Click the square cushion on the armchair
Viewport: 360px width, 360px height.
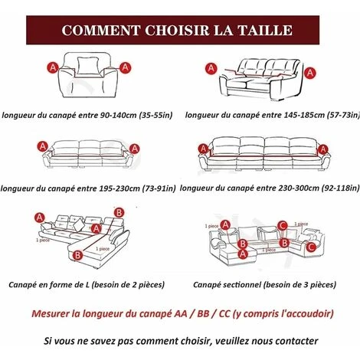tap(88, 65)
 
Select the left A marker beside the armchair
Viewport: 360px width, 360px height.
tap(53, 68)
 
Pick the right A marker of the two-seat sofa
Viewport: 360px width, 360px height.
tap(309, 73)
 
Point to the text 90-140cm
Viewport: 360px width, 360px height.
tap(119, 115)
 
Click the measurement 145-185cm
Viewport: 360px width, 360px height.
tap(304, 115)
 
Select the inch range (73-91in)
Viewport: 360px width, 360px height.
tap(159, 188)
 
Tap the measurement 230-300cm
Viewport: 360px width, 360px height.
tap(299, 188)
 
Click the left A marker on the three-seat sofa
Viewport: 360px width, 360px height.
tap(43, 146)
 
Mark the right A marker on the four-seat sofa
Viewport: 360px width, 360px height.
tap(323, 149)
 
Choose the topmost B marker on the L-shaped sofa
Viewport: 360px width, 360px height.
tap(119, 212)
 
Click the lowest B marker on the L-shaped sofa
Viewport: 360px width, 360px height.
tap(77, 255)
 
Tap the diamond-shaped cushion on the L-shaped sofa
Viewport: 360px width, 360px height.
tap(79, 224)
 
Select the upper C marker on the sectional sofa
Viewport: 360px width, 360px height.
tap(283, 226)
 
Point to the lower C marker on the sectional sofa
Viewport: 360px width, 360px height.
tap(311, 247)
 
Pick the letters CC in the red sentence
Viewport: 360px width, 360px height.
tap(224, 313)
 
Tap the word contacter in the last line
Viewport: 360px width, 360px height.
tap(296, 341)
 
